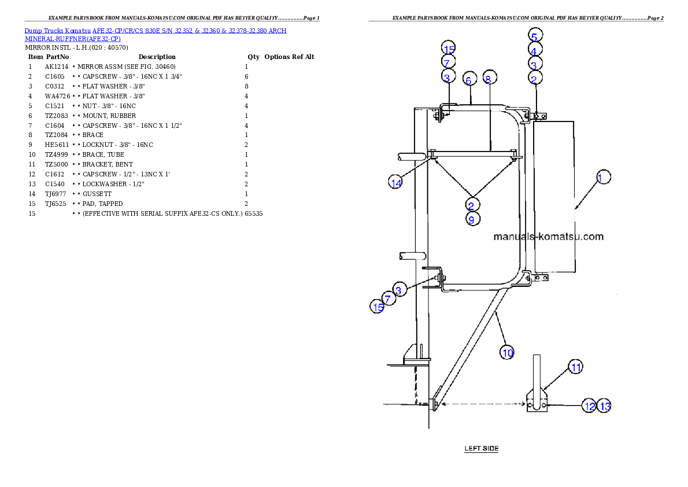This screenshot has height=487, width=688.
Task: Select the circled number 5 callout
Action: pos(535,35)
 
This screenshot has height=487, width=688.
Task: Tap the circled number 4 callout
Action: pos(535,50)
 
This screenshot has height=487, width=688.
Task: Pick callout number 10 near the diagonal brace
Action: pos(507,352)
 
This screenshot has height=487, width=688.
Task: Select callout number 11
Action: pos(575,367)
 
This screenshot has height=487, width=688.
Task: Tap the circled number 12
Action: pos(589,406)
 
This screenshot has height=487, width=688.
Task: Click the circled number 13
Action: pos(604,406)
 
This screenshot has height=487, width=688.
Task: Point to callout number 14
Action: pos(395,183)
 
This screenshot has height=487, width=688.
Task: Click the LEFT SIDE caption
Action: pos(482,448)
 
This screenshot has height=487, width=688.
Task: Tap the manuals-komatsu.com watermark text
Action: pos(549,237)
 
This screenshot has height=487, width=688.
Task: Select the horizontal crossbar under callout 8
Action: pos(474,154)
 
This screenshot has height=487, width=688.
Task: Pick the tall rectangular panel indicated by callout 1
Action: pos(554,197)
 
